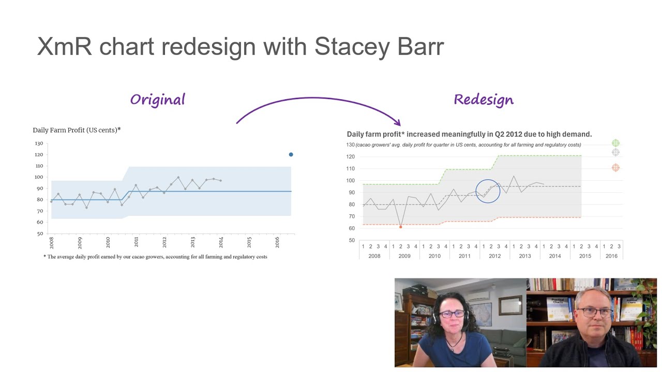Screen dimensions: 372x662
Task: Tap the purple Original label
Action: pos(157,100)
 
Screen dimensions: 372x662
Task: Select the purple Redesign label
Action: pos(484,100)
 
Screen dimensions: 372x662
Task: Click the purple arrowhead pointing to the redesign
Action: pos(397,122)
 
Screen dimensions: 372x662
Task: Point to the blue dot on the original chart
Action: pos(291,154)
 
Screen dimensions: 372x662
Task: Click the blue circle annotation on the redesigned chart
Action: pos(488,191)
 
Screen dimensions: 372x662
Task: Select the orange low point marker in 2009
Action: pos(400,227)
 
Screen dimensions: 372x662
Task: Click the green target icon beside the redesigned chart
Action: pos(615,143)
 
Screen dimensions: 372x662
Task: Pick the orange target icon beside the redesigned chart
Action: pos(615,168)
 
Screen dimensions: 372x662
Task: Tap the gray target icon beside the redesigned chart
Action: pos(615,152)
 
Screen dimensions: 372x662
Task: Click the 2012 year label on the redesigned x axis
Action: pos(494,256)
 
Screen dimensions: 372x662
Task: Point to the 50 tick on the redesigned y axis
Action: pos(351,240)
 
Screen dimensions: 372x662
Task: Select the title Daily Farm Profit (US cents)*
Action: pos(77,130)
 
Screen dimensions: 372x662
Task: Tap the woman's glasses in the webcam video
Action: pos(452,313)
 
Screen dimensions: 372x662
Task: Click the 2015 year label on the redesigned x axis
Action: pos(585,256)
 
